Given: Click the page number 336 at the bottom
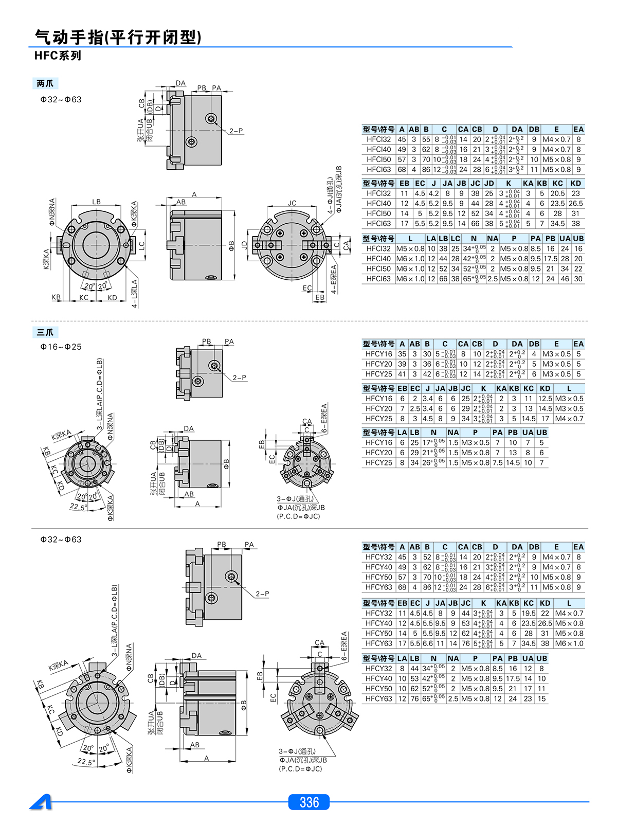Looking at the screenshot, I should pyautogui.click(x=309, y=802).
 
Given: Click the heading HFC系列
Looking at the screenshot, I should pyautogui.click(x=58, y=56).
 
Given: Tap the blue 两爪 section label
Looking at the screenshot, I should pyautogui.click(x=45, y=83).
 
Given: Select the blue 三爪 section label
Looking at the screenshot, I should pyautogui.click(x=45, y=332).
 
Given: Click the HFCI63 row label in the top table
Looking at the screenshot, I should pyautogui.click(x=378, y=169).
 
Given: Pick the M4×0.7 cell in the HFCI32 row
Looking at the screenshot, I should pyautogui.click(x=556, y=139).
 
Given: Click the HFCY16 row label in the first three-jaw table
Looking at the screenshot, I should pyautogui.click(x=378, y=354).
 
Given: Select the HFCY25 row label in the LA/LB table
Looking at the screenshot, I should pyautogui.click(x=378, y=462).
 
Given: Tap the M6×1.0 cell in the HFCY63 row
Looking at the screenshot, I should pyautogui.click(x=569, y=643).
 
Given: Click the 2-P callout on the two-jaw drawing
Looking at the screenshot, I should pyautogui.click(x=236, y=131).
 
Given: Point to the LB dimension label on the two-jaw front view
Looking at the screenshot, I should pyautogui.click(x=97, y=202).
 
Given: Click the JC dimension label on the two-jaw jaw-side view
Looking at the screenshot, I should pyautogui.click(x=292, y=203).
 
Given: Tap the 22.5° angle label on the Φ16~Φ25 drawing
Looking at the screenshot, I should pyautogui.click(x=78, y=507).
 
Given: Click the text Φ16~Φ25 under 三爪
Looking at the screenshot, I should pyautogui.click(x=61, y=347).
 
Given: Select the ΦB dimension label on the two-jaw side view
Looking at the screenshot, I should pyautogui.click(x=231, y=246).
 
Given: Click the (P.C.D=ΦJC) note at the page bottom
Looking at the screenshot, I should pyautogui.click(x=300, y=769).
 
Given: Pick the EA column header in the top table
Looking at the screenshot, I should pyautogui.click(x=578, y=130).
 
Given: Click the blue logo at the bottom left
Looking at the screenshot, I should pyautogui.click(x=41, y=802).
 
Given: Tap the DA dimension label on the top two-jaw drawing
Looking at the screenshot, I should pyautogui.click(x=180, y=83).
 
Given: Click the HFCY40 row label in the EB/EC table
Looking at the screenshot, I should pyautogui.click(x=378, y=623).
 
